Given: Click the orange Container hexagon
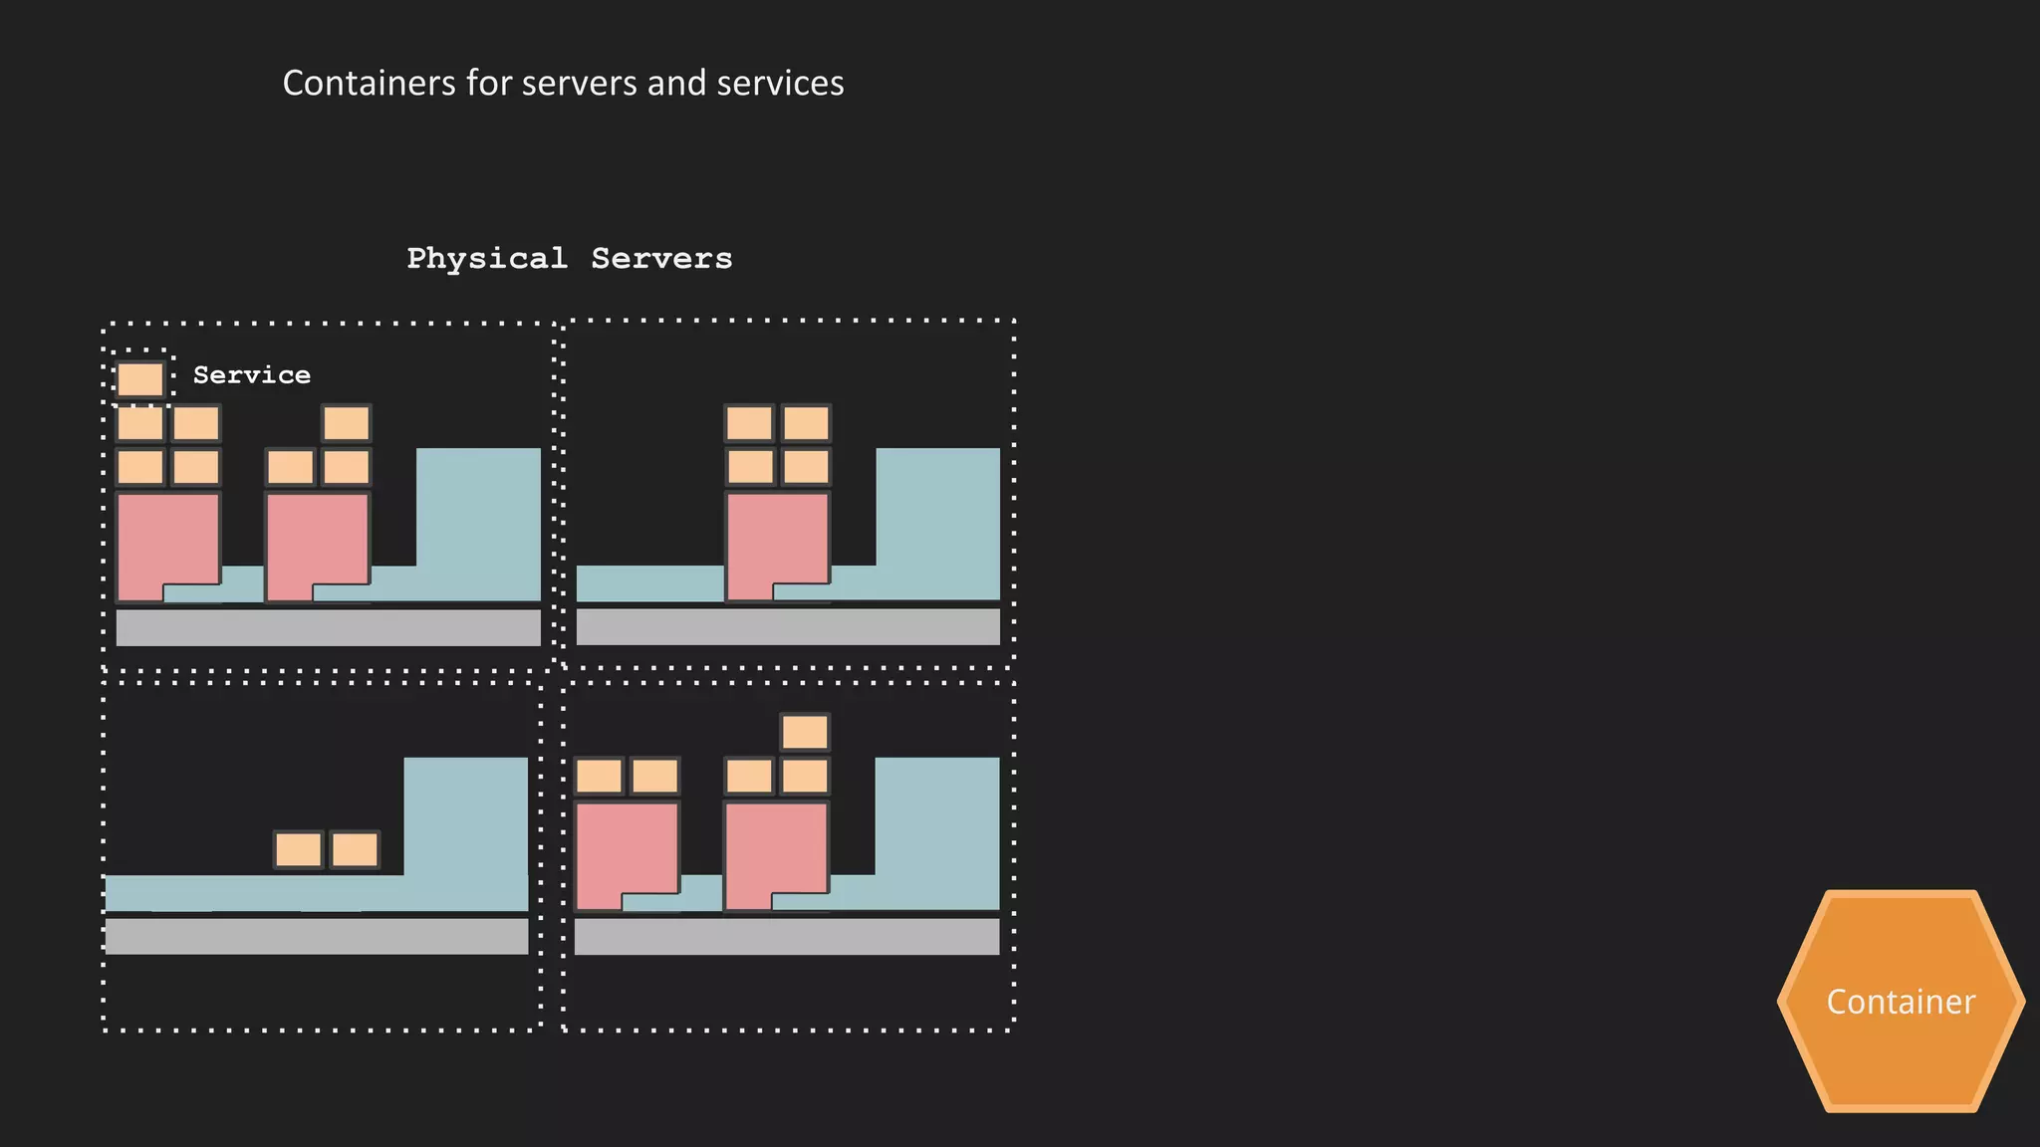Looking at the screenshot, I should click(x=1901, y=1001).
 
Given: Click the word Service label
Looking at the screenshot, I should click(x=251, y=375).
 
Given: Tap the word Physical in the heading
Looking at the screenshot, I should click(x=486, y=259).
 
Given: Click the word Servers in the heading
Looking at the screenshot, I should click(x=661, y=259).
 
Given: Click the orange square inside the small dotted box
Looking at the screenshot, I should click(x=139, y=379).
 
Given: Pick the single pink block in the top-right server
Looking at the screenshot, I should click(x=776, y=538).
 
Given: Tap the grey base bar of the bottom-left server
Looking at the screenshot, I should click(x=316, y=936).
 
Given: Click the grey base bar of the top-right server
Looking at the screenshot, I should click(x=787, y=627).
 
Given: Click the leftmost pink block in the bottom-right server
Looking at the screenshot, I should click(x=625, y=846).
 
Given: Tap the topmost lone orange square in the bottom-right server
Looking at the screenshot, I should click(x=805, y=732).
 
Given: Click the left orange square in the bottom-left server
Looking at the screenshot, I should click(x=299, y=850).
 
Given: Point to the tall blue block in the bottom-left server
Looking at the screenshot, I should click(x=465, y=816).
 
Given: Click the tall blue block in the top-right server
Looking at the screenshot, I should click(x=937, y=508).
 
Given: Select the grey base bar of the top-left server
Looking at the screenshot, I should click(x=328, y=627).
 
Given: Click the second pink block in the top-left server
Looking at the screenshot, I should click(x=316, y=538).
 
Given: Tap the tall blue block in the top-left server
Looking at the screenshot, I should click(x=478, y=508).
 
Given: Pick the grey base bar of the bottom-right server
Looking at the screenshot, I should click(x=786, y=936).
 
